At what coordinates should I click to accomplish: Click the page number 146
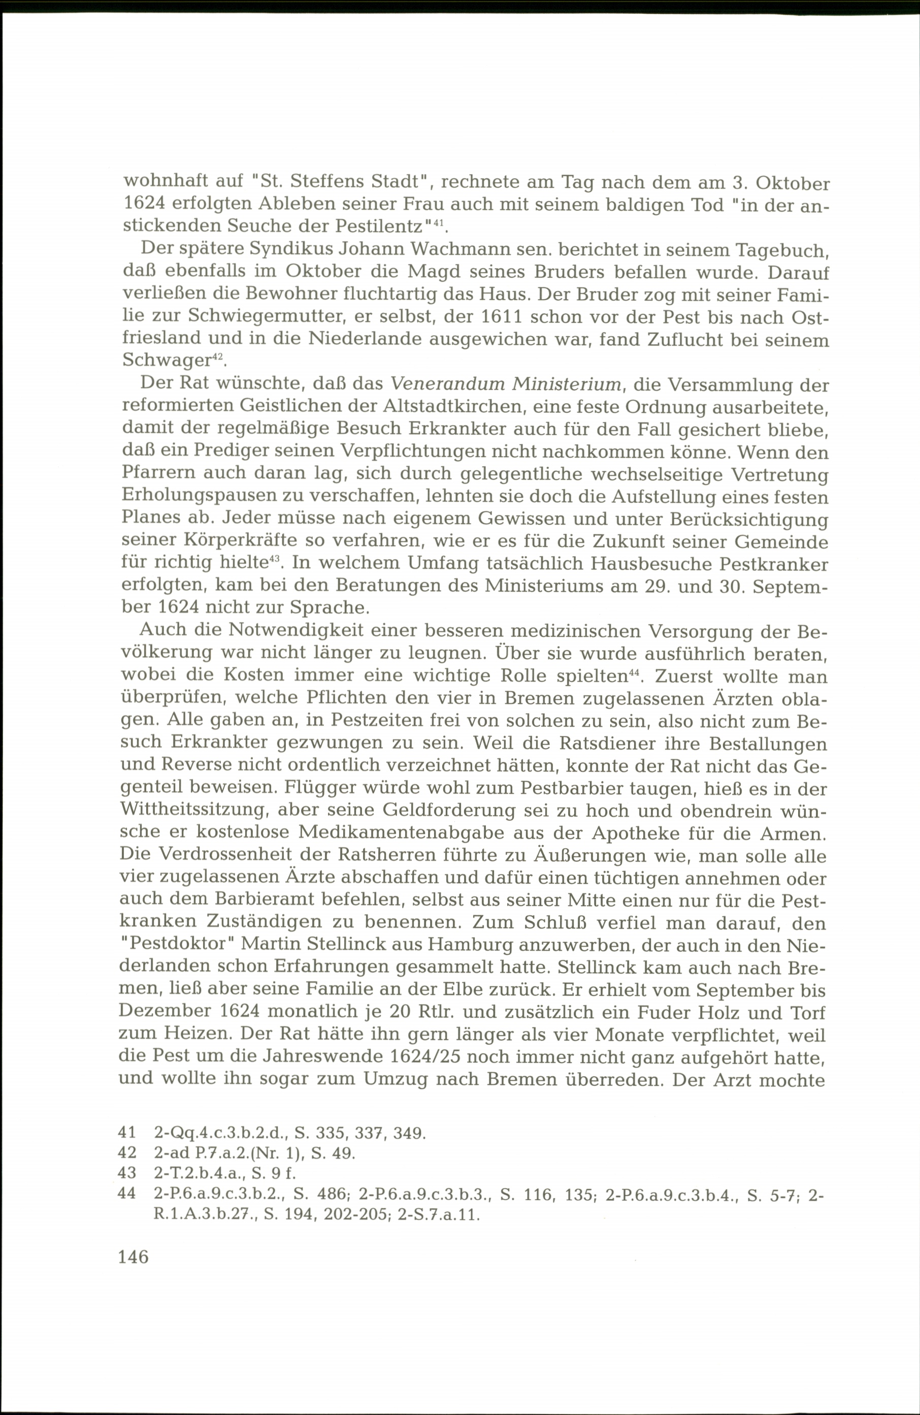point(134,1257)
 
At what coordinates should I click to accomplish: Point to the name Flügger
point(316,790)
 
